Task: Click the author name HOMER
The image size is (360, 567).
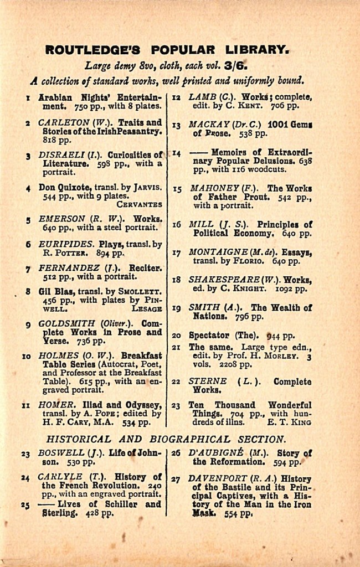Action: pos(56,405)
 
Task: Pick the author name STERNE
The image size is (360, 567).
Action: pos(208,381)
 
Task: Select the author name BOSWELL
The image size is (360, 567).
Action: pos(61,452)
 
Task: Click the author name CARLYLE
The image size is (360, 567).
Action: pos(60,476)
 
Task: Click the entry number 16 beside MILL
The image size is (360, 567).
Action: pos(177,225)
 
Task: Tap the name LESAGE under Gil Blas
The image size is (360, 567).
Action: pos(147,309)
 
